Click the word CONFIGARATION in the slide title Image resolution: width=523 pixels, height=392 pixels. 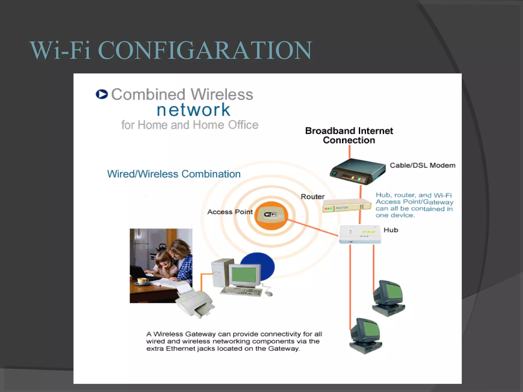[x=205, y=50]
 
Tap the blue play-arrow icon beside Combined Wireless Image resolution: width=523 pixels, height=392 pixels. [x=102, y=94]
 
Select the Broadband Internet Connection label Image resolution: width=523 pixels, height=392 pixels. [x=349, y=135]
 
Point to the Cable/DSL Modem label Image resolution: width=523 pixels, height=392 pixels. [x=422, y=165]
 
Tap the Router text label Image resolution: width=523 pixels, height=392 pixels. [x=312, y=197]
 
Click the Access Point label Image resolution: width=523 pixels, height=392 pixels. [x=230, y=212]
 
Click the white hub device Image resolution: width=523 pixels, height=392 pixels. [x=360, y=234]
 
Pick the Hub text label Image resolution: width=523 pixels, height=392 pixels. [x=391, y=230]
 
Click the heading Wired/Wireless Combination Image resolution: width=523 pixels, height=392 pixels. [x=174, y=174]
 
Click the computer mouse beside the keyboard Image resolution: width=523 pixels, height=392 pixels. [x=268, y=293]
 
